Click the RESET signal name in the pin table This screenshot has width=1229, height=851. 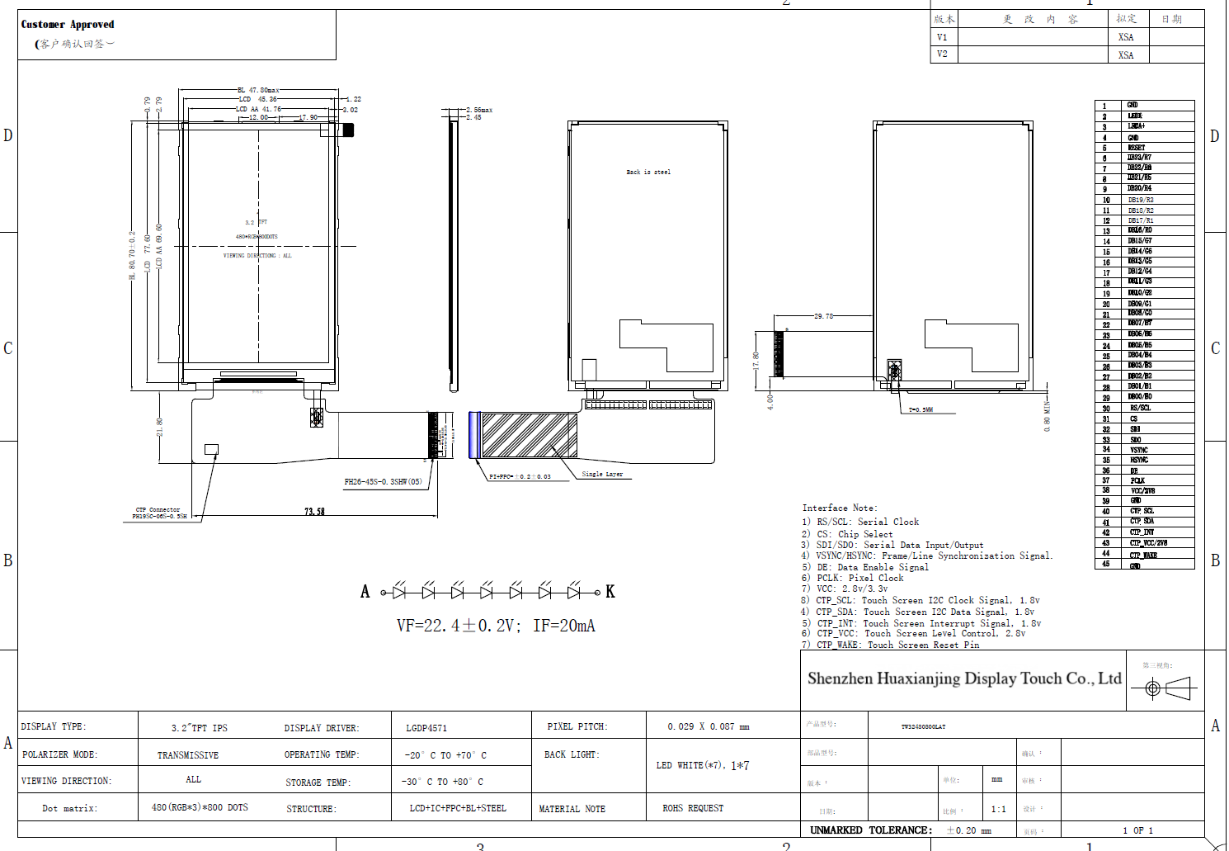(x=1136, y=148)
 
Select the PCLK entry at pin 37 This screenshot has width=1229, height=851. (x=1137, y=480)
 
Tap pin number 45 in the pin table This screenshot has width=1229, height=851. (x=1106, y=565)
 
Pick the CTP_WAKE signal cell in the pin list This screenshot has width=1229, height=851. (x=1143, y=555)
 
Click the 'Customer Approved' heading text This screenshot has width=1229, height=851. (x=68, y=25)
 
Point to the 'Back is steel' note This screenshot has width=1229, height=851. (x=648, y=173)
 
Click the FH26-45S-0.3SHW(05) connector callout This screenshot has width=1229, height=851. (x=383, y=482)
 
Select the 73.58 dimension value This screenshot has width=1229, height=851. (x=314, y=512)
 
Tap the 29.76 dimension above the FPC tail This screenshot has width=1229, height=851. (x=823, y=316)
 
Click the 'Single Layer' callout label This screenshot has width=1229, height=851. (x=602, y=475)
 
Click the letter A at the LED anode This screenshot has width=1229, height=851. (x=365, y=592)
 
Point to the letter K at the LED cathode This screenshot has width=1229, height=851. (x=610, y=592)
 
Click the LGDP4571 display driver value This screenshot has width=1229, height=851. (x=426, y=728)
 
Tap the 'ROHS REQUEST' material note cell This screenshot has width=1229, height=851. (x=693, y=808)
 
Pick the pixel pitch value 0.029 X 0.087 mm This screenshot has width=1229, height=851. (x=708, y=726)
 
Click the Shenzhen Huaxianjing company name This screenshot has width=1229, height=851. (x=963, y=678)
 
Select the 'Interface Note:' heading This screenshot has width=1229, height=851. (x=840, y=508)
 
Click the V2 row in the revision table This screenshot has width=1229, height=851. (x=942, y=54)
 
